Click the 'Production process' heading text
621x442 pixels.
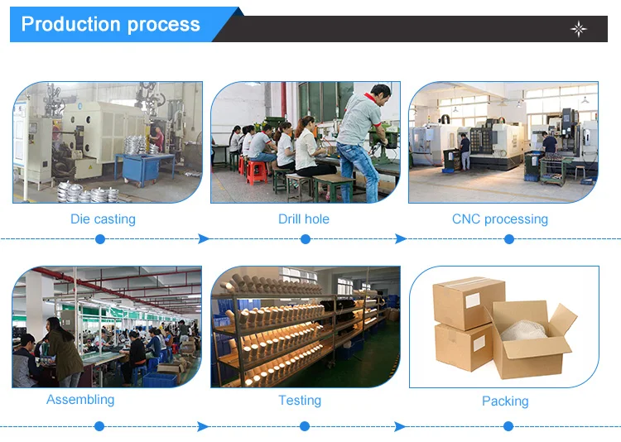pyautogui.click(x=110, y=24)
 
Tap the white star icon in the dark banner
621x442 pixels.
pyautogui.click(x=579, y=29)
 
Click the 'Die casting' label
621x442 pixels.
pyautogui.click(x=103, y=219)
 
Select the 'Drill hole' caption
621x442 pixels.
pyautogui.click(x=304, y=219)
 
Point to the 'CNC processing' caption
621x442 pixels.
pyautogui.click(x=500, y=219)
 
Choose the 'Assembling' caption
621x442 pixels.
pyautogui.click(x=80, y=400)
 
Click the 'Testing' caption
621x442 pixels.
pyautogui.click(x=300, y=401)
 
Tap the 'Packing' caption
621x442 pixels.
pyautogui.click(x=505, y=401)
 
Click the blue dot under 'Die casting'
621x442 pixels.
pyautogui.click(x=100, y=238)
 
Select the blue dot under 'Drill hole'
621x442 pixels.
pyautogui.click(x=305, y=238)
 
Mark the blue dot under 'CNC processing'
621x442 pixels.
pyautogui.click(x=509, y=238)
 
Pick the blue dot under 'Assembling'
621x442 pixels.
pyautogui.click(x=99, y=426)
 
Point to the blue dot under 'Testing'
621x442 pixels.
pyautogui.click(x=304, y=426)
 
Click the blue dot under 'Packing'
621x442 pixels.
pyautogui.click(x=508, y=426)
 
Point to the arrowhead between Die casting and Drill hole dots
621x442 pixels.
pyautogui.click(x=203, y=238)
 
